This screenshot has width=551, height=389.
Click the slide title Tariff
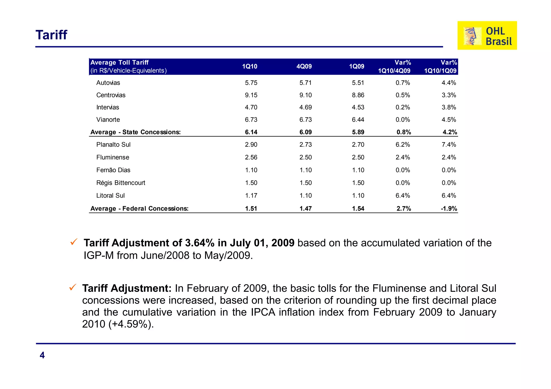tap(51, 35)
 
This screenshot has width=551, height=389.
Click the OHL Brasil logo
tap(487, 35)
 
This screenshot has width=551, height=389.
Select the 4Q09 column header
tap(304, 66)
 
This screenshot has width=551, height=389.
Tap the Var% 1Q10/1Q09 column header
tap(441, 67)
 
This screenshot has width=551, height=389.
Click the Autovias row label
tap(108, 83)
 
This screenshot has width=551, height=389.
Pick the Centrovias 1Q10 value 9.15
tap(251, 95)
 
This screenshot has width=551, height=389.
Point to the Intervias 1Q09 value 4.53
tap(358, 108)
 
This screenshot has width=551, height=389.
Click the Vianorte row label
tap(108, 120)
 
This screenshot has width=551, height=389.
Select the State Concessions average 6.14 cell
tap(251, 132)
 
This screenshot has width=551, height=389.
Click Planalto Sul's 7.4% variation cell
tap(448, 145)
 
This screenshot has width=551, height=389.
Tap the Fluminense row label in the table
tap(113, 157)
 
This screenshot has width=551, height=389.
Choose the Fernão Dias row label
tap(113, 170)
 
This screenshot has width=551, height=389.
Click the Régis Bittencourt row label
tap(121, 183)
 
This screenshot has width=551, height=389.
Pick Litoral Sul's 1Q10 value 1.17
tap(251, 196)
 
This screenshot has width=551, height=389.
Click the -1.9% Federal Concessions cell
tap(449, 209)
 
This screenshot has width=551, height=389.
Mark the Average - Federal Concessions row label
tap(139, 209)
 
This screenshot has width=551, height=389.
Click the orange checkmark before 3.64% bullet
tap(74, 242)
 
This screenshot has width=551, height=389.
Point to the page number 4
tap(42, 355)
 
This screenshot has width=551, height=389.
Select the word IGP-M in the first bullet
tap(98, 255)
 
